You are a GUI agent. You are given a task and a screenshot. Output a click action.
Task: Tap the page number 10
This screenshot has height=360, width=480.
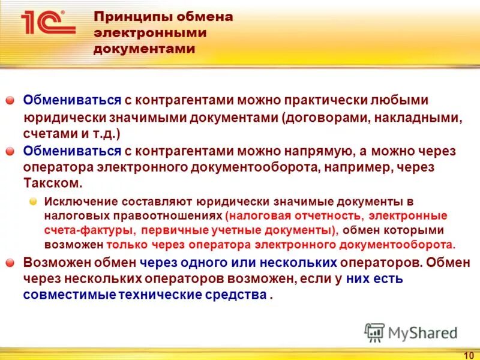(469, 355)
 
